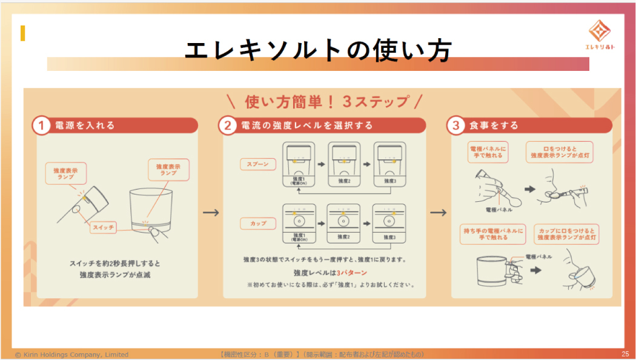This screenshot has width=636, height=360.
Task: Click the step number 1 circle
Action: (x=40, y=125)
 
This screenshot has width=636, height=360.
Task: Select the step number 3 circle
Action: (x=455, y=125)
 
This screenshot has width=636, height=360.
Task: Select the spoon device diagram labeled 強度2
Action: (x=344, y=164)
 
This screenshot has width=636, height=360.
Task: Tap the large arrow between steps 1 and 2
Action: (x=210, y=213)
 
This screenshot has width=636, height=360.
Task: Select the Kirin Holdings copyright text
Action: (x=71, y=355)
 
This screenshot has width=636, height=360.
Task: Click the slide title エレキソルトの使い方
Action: (x=318, y=51)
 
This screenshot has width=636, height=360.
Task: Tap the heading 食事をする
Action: (x=494, y=125)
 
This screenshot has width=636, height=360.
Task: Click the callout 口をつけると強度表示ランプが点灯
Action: (x=559, y=152)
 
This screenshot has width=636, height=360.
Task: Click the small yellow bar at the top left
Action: (x=22, y=33)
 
